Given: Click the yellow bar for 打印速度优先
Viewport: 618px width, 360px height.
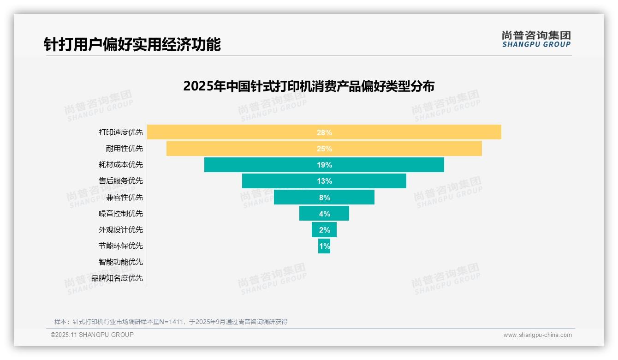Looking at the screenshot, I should pyautogui.click(x=231, y=132).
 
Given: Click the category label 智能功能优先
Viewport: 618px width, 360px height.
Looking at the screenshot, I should pyautogui.click(x=121, y=262).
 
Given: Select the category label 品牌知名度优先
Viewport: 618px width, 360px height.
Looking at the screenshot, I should pyautogui.click(x=117, y=278).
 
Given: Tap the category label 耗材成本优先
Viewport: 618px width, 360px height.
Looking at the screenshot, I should pyautogui.click(x=121, y=164).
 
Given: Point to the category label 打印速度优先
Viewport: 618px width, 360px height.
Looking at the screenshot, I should pyautogui.click(x=121, y=132).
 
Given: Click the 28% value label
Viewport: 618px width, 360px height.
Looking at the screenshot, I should pyautogui.click(x=324, y=132).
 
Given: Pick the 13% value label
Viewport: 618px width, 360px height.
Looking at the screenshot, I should pyautogui.click(x=324, y=181).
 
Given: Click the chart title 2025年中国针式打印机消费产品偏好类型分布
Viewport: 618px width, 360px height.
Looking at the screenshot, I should pyautogui.click(x=309, y=86).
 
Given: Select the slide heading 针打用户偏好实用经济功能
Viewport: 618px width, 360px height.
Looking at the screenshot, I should pyautogui.click(x=132, y=44).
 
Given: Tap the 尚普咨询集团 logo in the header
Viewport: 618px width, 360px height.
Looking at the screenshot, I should pyautogui.click(x=536, y=39).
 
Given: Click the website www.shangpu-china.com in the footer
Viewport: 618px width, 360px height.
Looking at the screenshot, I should pyautogui.click(x=537, y=335).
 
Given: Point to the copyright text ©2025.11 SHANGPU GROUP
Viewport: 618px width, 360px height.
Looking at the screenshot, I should pyautogui.click(x=92, y=335).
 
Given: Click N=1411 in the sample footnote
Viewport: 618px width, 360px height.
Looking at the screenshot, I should pyautogui.click(x=174, y=322).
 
